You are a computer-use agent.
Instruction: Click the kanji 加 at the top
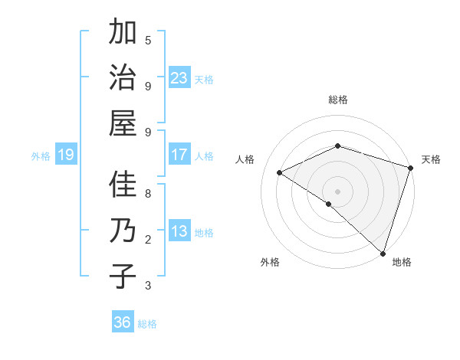(123, 34)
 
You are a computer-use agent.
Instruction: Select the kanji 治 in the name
(123, 78)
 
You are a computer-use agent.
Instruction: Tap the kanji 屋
(123, 123)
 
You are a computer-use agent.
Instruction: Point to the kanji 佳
(123, 185)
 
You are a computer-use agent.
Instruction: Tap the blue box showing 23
(179, 78)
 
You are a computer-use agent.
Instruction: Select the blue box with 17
(179, 155)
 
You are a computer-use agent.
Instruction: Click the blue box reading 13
(179, 231)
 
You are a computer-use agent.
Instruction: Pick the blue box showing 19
(66, 155)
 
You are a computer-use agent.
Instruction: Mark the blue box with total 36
(123, 322)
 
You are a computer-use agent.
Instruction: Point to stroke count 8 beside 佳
(148, 194)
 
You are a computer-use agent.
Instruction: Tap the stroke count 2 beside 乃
(148, 240)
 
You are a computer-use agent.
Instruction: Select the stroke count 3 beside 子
(148, 286)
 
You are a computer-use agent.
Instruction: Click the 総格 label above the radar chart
(338, 100)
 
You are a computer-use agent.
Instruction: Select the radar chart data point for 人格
(280, 173)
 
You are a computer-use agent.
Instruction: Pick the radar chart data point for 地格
(383, 253)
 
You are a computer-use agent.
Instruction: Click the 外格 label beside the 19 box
(41, 156)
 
